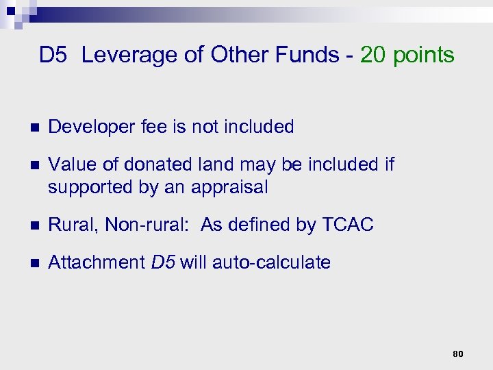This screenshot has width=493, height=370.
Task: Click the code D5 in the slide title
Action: pos(53,55)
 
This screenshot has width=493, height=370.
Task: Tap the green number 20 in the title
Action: pos(374,55)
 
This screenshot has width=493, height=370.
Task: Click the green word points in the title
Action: pos(424,55)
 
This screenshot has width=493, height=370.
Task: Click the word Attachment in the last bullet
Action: pos(96,262)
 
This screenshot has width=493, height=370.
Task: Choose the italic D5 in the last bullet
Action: pos(163,262)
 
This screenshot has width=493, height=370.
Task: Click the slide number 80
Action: pos(458,354)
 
